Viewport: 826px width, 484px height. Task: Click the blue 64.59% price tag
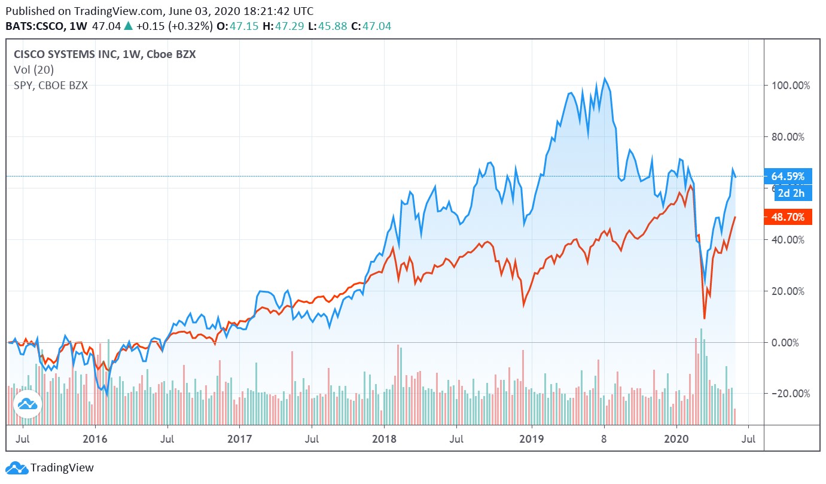click(788, 176)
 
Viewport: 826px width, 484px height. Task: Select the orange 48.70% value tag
click(788, 217)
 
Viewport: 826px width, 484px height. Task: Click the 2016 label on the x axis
click(95, 439)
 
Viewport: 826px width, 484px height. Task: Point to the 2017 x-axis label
click(239, 439)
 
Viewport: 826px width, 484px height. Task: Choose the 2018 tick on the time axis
click(385, 439)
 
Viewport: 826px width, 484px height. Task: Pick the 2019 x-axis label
click(532, 439)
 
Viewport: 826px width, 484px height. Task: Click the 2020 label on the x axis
click(676, 439)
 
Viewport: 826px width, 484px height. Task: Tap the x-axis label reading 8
click(604, 439)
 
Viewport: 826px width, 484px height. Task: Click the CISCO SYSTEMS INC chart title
click(76, 54)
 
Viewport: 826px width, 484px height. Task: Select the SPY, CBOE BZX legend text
click(51, 86)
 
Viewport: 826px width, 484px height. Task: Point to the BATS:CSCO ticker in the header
click(36, 26)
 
